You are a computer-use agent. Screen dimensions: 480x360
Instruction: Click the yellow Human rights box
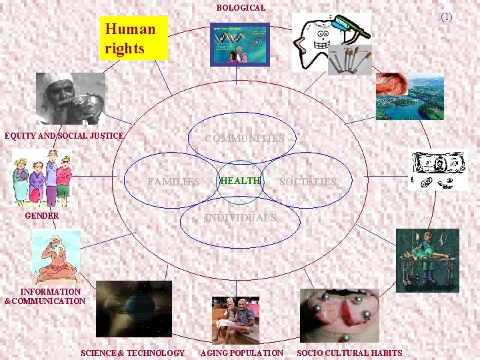point(133,38)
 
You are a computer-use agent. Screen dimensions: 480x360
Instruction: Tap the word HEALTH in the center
point(240,181)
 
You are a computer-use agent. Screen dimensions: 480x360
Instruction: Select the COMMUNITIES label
point(245,139)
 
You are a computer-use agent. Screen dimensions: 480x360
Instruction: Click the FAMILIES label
point(173,181)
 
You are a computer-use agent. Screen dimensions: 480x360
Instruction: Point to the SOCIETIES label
point(308,181)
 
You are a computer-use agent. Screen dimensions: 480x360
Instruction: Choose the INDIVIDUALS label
point(240,217)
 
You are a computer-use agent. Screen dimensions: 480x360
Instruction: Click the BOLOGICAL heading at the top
point(241,8)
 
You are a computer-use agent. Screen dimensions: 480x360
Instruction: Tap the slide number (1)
point(446,16)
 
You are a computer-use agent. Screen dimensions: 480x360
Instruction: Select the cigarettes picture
point(351,60)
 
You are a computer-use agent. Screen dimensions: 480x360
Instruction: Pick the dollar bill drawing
point(439,170)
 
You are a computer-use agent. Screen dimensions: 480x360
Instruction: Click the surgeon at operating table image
point(427,260)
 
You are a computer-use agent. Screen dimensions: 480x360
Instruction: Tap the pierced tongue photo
point(339,315)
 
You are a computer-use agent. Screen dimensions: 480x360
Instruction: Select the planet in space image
point(134,308)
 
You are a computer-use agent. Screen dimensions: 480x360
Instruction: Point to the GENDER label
point(41,216)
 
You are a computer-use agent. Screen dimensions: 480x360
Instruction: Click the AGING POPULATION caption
point(242,353)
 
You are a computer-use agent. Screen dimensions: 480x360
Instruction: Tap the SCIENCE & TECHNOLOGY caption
point(133,353)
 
